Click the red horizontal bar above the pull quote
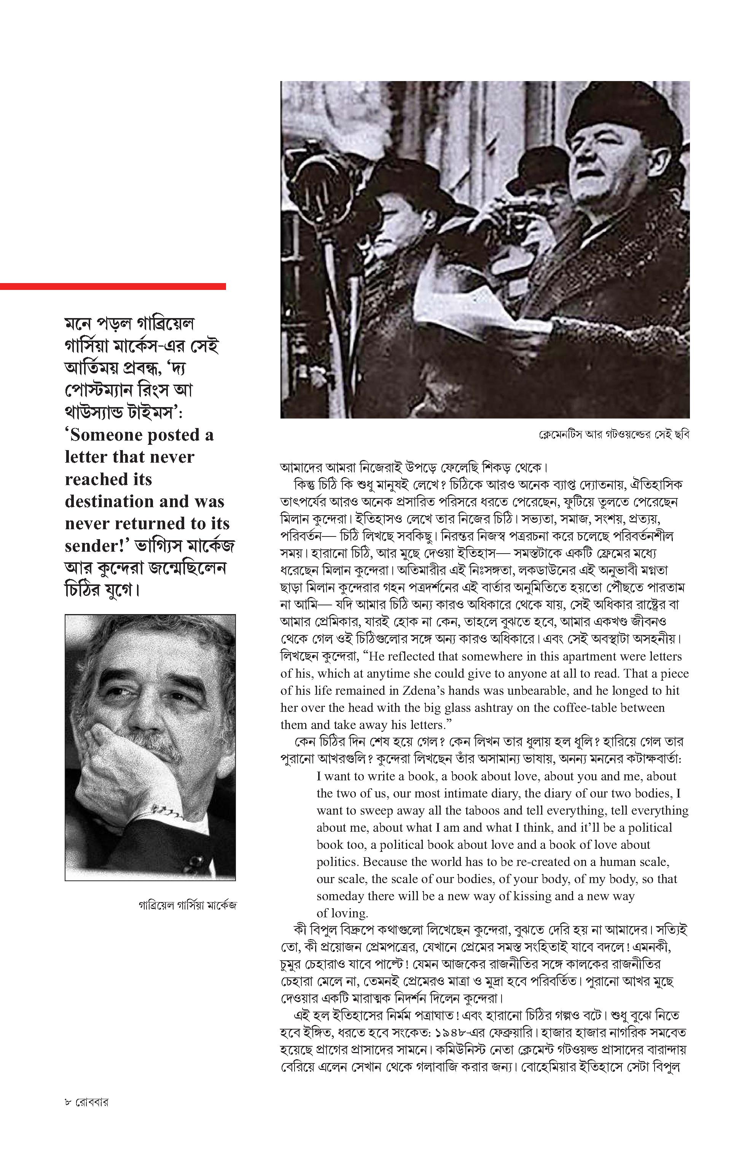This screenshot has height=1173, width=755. tap(113, 286)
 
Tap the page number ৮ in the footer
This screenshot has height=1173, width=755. tap(68, 1102)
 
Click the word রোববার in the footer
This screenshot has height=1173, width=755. tap(92, 1102)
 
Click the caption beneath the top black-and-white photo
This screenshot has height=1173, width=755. tap(614, 435)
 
